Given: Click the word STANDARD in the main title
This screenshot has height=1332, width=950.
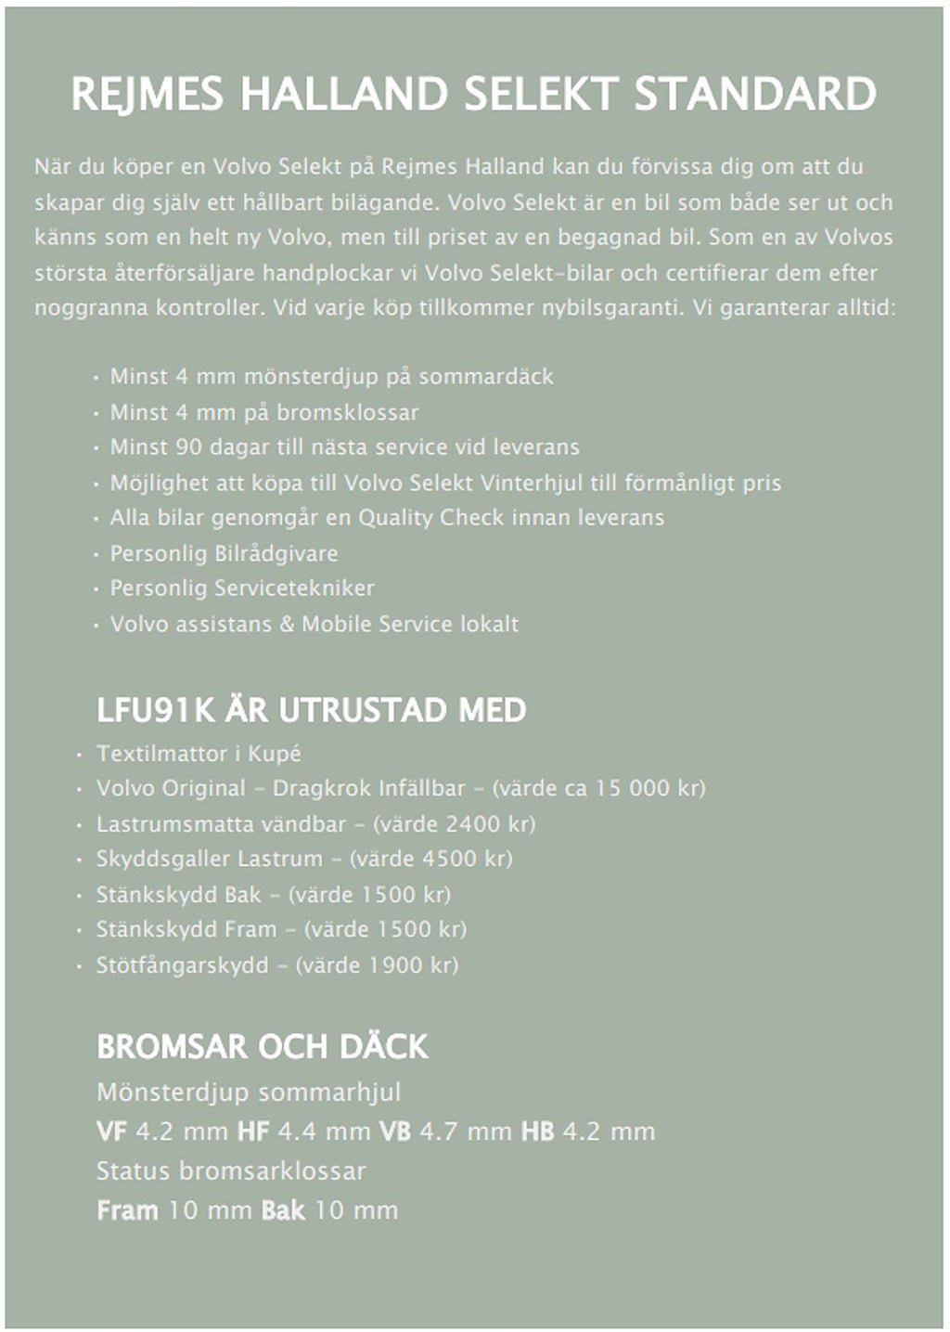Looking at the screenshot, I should coord(755,95).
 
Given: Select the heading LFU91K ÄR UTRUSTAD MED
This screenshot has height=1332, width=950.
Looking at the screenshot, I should coord(312,711).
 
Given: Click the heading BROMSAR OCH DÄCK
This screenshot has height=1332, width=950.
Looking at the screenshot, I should coord(263,1047).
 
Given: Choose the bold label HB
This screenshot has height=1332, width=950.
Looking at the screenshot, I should coord(537,1132).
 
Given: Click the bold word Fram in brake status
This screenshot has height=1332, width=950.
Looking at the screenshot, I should coord(127,1210).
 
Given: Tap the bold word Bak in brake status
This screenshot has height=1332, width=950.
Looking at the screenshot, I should coord(283,1210).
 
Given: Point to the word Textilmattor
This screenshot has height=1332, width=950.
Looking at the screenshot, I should coord(153,753).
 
